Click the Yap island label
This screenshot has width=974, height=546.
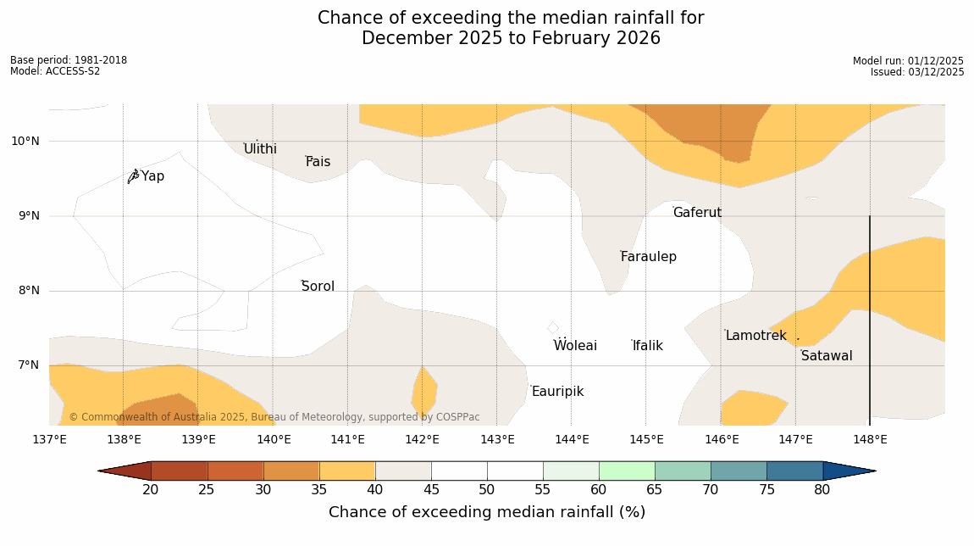click(152, 176)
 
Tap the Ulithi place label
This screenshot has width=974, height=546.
click(260, 149)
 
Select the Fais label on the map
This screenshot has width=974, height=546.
click(318, 162)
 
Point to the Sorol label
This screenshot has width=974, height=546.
click(318, 287)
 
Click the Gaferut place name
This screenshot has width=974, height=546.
click(697, 213)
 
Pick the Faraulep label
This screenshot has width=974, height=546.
click(648, 257)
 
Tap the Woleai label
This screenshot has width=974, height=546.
click(575, 346)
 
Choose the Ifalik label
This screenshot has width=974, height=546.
click(648, 346)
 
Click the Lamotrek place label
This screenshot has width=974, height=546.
click(755, 336)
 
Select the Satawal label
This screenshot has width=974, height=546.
click(827, 356)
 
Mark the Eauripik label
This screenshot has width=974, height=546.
click(557, 392)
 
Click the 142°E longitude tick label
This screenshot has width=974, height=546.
click(422, 439)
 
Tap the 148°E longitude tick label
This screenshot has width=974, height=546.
click(870, 439)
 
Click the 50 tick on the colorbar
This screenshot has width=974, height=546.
click(486, 490)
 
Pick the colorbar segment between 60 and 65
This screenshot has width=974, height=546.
click(626, 471)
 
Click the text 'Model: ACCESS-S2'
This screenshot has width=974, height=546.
click(55, 71)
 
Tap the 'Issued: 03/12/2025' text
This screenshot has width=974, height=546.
click(917, 72)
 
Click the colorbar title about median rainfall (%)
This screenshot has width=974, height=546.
click(487, 512)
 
